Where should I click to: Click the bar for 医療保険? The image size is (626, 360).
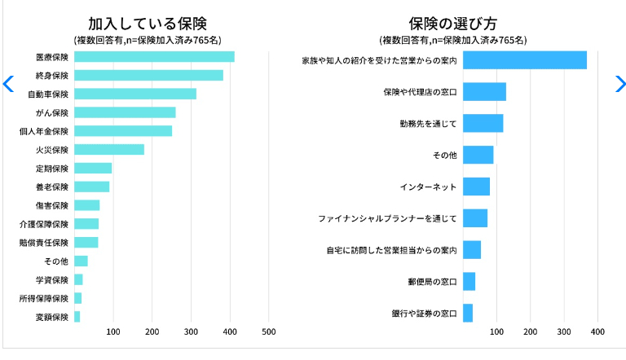[x=154, y=57]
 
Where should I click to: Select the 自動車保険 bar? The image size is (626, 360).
[x=135, y=94]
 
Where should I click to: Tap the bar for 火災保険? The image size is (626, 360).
[x=109, y=150]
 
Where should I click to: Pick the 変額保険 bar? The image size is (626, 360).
[x=77, y=317]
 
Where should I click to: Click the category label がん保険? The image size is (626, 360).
[x=52, y=113]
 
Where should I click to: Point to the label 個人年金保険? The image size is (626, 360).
[x=44, y=131]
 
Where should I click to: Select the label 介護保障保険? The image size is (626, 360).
[x=44, y=224]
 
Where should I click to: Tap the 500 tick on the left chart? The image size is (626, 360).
[x=269, y=331]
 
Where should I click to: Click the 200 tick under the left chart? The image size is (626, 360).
[x=152, y=331]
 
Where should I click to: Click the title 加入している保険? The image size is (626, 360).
[x=148, y=24]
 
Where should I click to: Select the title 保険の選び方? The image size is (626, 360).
[x=452, y=24]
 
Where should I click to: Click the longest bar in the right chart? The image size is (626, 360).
[x=525, y=60]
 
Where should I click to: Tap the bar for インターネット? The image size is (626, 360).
[x=476, y=187]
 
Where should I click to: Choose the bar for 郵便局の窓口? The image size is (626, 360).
[x=469, y=282]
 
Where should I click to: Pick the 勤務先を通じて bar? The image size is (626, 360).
[x=483, y=123]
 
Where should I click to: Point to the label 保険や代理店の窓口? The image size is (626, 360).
[x=420, y=92]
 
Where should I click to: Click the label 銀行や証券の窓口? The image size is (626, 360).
[x=424, y=314]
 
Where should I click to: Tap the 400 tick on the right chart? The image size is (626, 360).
[x=597, y=331]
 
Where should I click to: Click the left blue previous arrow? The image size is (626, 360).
[x=8, y=84]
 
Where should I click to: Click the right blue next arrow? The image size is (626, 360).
[x=620, y=84]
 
